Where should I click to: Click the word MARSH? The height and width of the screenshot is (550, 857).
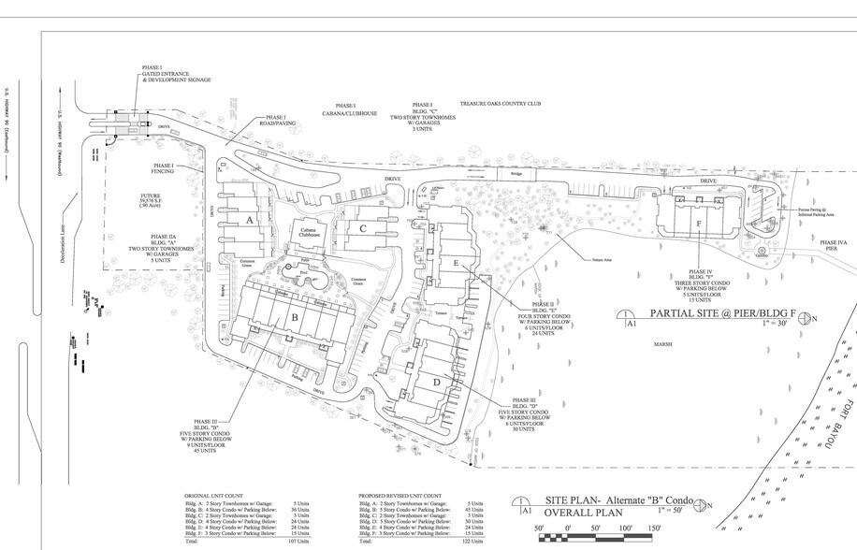665,343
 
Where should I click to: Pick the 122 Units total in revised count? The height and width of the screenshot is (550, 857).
472,542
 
